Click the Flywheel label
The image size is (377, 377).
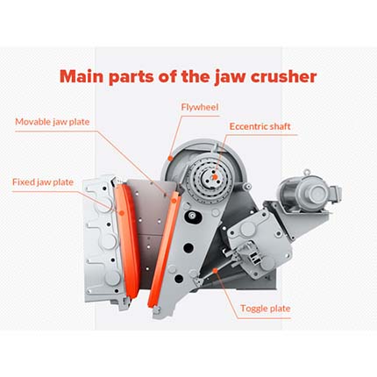(200, 107)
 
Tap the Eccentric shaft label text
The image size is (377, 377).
(260, 126)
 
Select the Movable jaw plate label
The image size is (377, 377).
(53, 122)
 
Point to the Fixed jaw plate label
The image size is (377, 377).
(43, 182)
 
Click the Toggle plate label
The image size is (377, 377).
(266, 309)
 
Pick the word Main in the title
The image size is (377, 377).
(82, 76)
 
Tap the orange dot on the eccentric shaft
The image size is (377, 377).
(215, 176)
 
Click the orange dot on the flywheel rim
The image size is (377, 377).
(170, 158)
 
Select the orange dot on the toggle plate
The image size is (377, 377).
(216, 271)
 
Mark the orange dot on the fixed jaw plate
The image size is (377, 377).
(122, 212)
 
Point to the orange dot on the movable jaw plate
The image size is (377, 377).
(174, 201)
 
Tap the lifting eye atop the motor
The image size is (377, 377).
(306, 173)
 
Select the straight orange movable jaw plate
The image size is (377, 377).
(164, 249)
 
